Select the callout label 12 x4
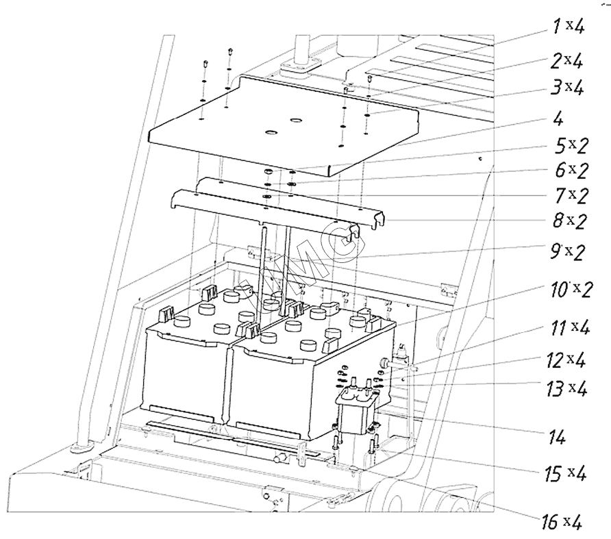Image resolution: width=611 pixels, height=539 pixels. click(x=567, y=359)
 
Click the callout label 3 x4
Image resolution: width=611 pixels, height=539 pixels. click(x=569, y=88)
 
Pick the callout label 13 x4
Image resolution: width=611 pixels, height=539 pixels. click(x=569, y=388)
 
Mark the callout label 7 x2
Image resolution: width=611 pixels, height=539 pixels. click(x=571, y=196)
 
